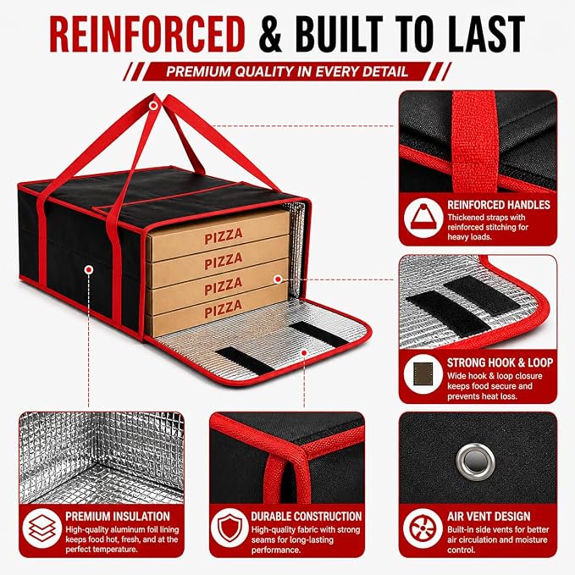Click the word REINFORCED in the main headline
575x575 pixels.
tap(147, 34)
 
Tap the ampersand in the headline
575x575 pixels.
tap(270, 34)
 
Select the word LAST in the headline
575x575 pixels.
tap(487, 34)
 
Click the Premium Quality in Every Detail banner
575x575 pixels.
tap(287, 71)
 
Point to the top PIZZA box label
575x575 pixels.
tap(224, 235)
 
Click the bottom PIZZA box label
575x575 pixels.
tap(224, 309)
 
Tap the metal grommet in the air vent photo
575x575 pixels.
tap(475, 461)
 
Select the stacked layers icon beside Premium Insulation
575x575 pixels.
tap(41, 528)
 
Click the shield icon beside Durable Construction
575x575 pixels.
tap(229, 528)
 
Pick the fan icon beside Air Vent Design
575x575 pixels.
tap(423, 528)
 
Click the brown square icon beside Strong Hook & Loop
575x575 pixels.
tap(423, 373)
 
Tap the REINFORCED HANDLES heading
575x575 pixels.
tap(499, 205)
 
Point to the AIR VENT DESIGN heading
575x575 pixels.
tap(489, 516)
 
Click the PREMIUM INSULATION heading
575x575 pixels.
tap(118, 516)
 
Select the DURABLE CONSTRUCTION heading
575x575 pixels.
tap(307, 516)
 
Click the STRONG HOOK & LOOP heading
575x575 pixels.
tap(500, 362)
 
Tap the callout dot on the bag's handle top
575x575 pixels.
tap(153, 106)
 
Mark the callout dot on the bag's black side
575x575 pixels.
tap(88, 270)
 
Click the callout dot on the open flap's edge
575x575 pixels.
tap(304, 353)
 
